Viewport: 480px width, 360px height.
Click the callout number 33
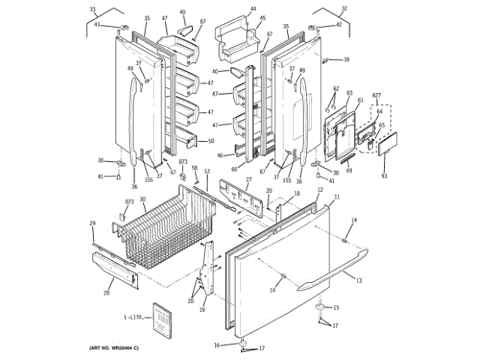click(92, 10)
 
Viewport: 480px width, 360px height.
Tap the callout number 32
click(344, 9)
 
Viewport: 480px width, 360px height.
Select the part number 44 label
click(253, 9)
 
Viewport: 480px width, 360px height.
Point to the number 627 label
click(376, 95)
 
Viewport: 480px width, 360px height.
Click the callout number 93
click(383, 175)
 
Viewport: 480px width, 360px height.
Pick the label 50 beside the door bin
click(211, 141)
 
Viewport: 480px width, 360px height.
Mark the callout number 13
click(358, 280)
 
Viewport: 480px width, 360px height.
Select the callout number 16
click(217, 345)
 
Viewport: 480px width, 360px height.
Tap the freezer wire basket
click(165, 232)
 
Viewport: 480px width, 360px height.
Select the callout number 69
click(349, 171)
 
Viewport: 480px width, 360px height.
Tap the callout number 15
click(335, 307)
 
